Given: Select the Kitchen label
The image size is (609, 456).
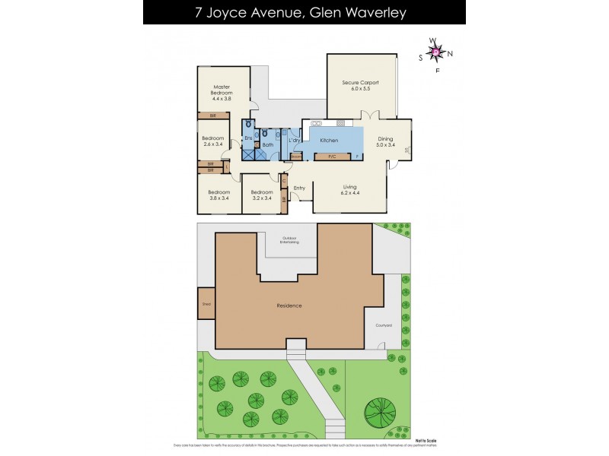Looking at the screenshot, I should pyautogui.click(x=329, y=141).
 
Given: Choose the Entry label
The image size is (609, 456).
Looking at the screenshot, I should pyautogui.click(x=299, y=188).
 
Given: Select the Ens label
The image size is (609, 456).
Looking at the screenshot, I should pyautogui.click(x=248, y=138).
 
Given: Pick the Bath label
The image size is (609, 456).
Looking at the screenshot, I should pyautogui.click(x=268, y=144).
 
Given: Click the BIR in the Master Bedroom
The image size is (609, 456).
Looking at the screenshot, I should pyautogui.click(x=213, y=116).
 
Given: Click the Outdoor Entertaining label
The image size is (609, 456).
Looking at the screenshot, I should pyautogui.click(x=290, y=240).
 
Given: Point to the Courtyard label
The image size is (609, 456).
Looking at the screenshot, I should pyautogui.click(x=384, y=325).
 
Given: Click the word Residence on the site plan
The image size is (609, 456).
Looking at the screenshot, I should pyautogui.click(x=289, y=306).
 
